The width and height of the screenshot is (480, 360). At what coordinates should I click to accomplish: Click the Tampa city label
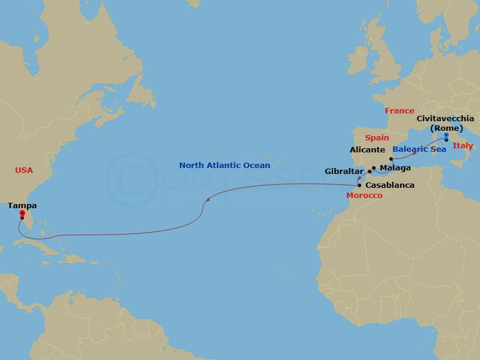[x=22, y=205]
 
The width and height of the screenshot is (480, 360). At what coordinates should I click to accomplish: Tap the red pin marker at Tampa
[x=22, y=213]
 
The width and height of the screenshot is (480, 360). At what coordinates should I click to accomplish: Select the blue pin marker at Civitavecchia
[x=446, y=136]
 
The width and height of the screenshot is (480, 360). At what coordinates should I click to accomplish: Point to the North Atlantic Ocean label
[x=224, y=165]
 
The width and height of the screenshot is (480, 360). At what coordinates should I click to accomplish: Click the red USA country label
[x=23, y=170]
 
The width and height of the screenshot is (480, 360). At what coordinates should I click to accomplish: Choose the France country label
[x=400, y=110]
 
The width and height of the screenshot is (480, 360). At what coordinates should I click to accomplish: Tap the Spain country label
[x=377, y=138]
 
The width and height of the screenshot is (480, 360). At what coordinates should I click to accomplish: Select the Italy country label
[x=463, y=146]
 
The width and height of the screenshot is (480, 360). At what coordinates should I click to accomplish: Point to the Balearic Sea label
[x=419, y=149]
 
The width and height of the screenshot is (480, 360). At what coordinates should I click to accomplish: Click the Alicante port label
[x=368, y=149]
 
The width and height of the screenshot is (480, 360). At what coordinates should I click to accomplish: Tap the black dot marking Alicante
[x=391, y=159]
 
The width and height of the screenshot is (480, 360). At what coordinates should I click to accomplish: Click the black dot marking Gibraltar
[x=370, y=171]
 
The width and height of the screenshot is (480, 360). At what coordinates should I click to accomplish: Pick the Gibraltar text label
[x=345, y=172]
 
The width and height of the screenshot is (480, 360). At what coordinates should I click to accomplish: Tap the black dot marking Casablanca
[x=359, y=185]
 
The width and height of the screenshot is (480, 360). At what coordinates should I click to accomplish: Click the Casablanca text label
[x=390, y=185]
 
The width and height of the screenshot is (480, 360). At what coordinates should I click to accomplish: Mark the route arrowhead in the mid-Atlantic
[x=207, y=200]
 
